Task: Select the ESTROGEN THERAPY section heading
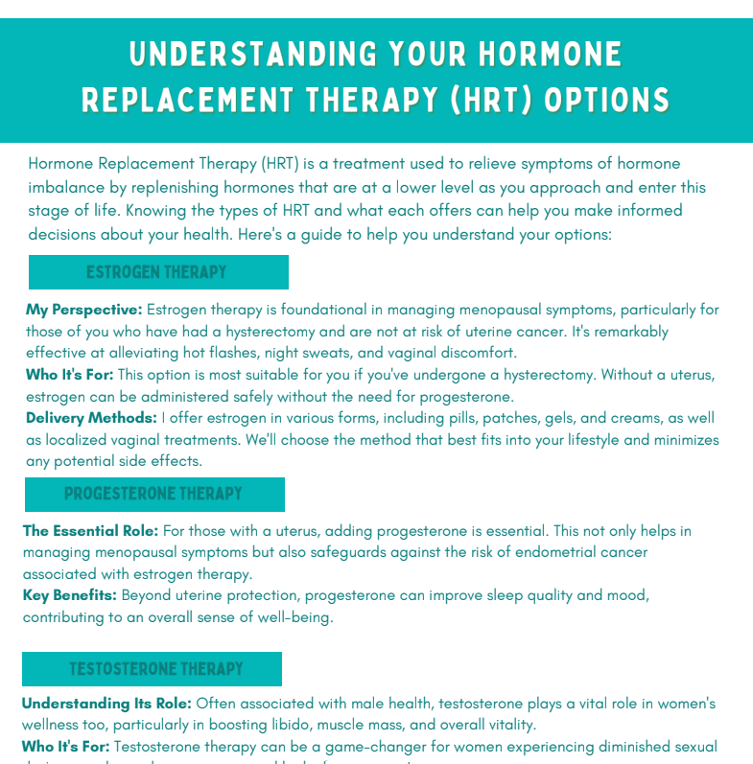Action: pos(157,272)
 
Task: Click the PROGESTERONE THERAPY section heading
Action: pos(153,494)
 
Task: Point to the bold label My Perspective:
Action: pos(84,310)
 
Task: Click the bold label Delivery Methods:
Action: pos(91,418)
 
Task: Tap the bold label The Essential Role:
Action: pos(91,530)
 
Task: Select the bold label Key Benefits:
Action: pos(70,595)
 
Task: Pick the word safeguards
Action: pos(411,552)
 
